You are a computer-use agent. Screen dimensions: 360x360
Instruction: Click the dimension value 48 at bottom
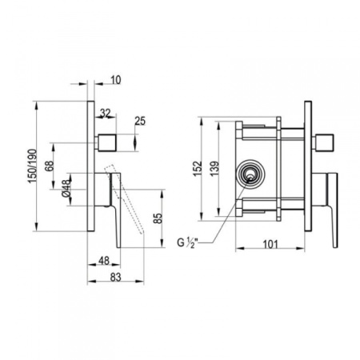pos(103,258)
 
